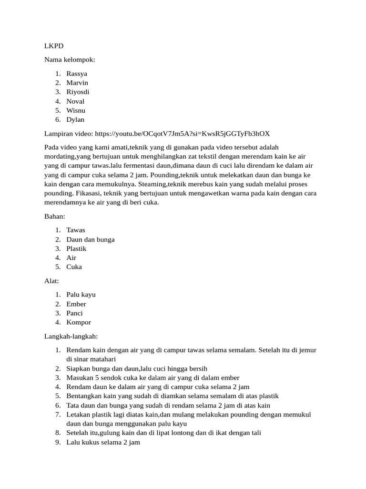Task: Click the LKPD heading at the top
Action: point(54,46)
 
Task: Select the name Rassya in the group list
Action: point(77,74)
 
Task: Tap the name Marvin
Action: point(77,83)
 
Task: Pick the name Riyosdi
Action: point(78,92)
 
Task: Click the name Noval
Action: point(75,101)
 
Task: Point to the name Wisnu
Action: point(76,110)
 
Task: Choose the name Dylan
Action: point(75,119)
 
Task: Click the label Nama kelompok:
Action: point(70,60)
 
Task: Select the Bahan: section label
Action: point(54,216)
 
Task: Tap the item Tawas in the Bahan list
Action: point(76,230)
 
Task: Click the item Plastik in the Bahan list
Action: point(76,248)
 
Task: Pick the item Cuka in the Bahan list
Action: point(74,266)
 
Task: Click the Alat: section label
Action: point(51,281)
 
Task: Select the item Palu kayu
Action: point(81,295)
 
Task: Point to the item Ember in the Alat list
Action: point(76,304)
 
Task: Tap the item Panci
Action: point(74,313)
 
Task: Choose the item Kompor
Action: point(79,322)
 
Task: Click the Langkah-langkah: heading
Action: point(71,336)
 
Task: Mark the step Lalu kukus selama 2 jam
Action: point(103,442)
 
